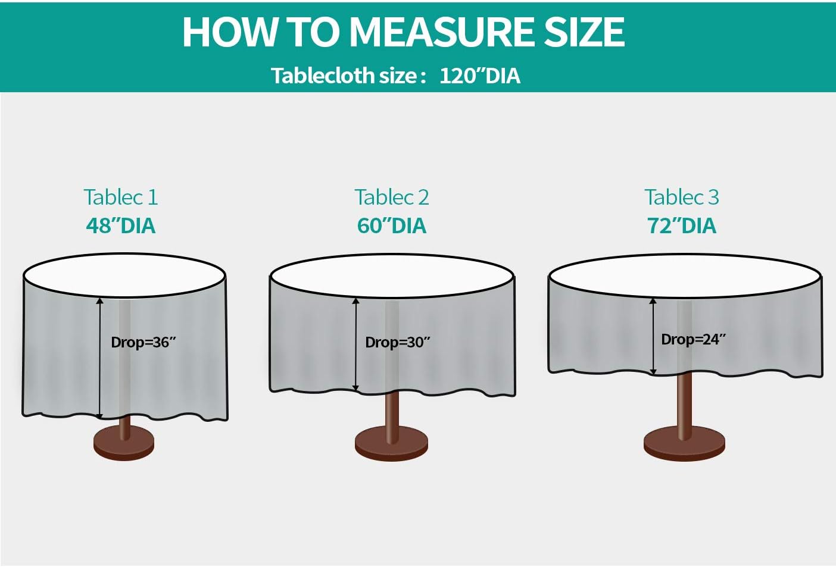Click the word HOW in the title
pyautogui.click(x=229, y=32)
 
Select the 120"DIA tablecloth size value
pyautogui.click(x=480, y=76)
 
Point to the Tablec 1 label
pyautogui.click(x=120, y=197)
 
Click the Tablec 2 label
pyautogui.click(x=391, y=197)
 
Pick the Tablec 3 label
pyautogui.click(x=682, y=197)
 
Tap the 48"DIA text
pyautogui.click(x=120, y=225)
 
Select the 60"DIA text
pyautogui.click(x=391, y=225)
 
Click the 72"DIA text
pyautogui.click(x=682, y=225)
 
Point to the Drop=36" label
pyautogui.click(x=144, y=343)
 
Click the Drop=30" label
pyautogui.click(x=398, y=343)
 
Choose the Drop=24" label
pyautogui.click(x=694, y=340)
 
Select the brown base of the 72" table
pyautogui.click(x=685, y=444)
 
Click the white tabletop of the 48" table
pyautogui.click(x=124, y=275)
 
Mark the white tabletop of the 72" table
pyautogui.click(x=685, y=275)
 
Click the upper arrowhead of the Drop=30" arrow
pyautogui.click(x=356, y=300)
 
